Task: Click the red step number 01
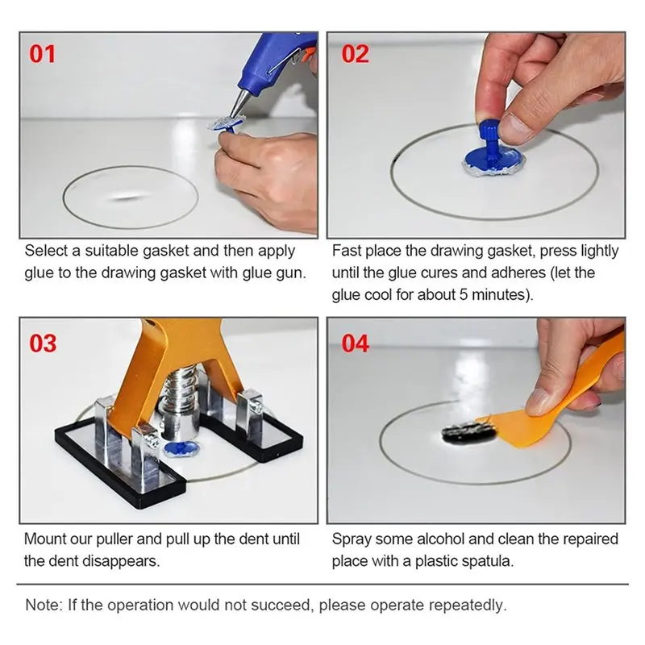43,54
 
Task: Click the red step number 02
355,54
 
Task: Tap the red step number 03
43,343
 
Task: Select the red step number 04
355,343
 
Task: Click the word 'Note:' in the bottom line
44,604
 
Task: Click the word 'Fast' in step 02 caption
347,251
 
